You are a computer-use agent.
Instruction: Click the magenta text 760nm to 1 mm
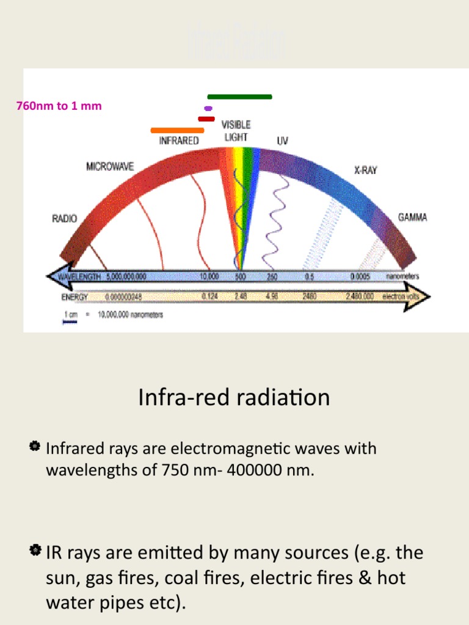click(59, 106)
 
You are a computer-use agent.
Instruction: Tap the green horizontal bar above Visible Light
click(239, 96)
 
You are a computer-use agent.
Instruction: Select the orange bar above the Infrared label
click(177, 130)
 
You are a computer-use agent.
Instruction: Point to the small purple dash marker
click(208, 108)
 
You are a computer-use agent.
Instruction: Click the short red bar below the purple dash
click(206, 119)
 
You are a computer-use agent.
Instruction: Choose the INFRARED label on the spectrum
click(179, 140)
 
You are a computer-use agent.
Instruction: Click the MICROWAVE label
click(110, 166)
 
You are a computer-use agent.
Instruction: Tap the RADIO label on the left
click(64, 219)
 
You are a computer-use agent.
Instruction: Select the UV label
click(282, 140)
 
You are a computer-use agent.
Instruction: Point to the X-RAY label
click(366, 170)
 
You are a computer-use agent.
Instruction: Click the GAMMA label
click(413, 217)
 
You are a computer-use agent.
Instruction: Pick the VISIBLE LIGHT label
click(236, 131)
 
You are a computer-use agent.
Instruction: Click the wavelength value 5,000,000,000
click(126, 276)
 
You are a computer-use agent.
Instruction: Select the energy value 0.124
click(209, 297)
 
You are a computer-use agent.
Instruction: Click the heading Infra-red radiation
click(234, 398)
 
